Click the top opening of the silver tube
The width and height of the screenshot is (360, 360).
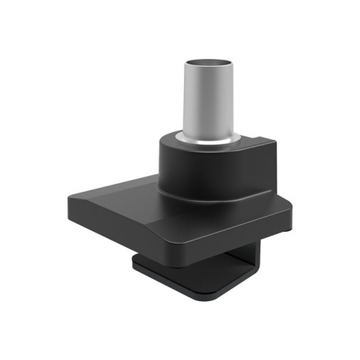coord(208,63)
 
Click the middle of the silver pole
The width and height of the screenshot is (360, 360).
coord(208,102)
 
